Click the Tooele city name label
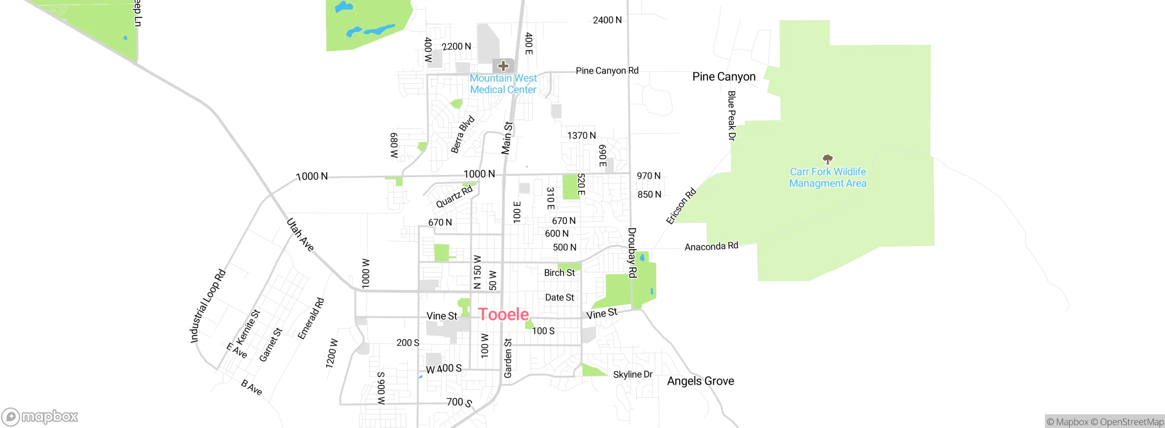pyautogui.click(x=503, y=315)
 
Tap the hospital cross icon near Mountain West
pyautogui.click(x=503, y=66)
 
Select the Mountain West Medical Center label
pyautogui.click(x=503, y=84)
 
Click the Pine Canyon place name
pyautogui.click(x=724, y=76)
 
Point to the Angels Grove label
pyautogui.click(x=700, y=381)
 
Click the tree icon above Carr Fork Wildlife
pyautogui.click(x=827, y=159)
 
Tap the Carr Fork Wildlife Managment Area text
pyautogui.click(x=827, y=178)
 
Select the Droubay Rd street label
pyautogui.click(x=632, y=253)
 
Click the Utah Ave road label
pyautogui.click(x=300, y=235)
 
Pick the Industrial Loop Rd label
pyautogui.click(x=208, y=306)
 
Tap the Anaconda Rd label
pyautogui.click(x=711, y=246)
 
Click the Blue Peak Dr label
pyautogui.click(x=731, y=116)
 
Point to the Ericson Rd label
pyautogui.click(x=681, y=206)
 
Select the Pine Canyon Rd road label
pyautogui.click(x=607, y=71)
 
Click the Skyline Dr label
pyautogui.click(x=633, y=374)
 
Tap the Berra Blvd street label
pyautogui.click(x=462, y=135)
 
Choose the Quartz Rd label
pyautogui.click(x=454, y=197)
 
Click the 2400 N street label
pyautogui.click(x=607, y=20)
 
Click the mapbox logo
pyautogui.click(x=40, y=416)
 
